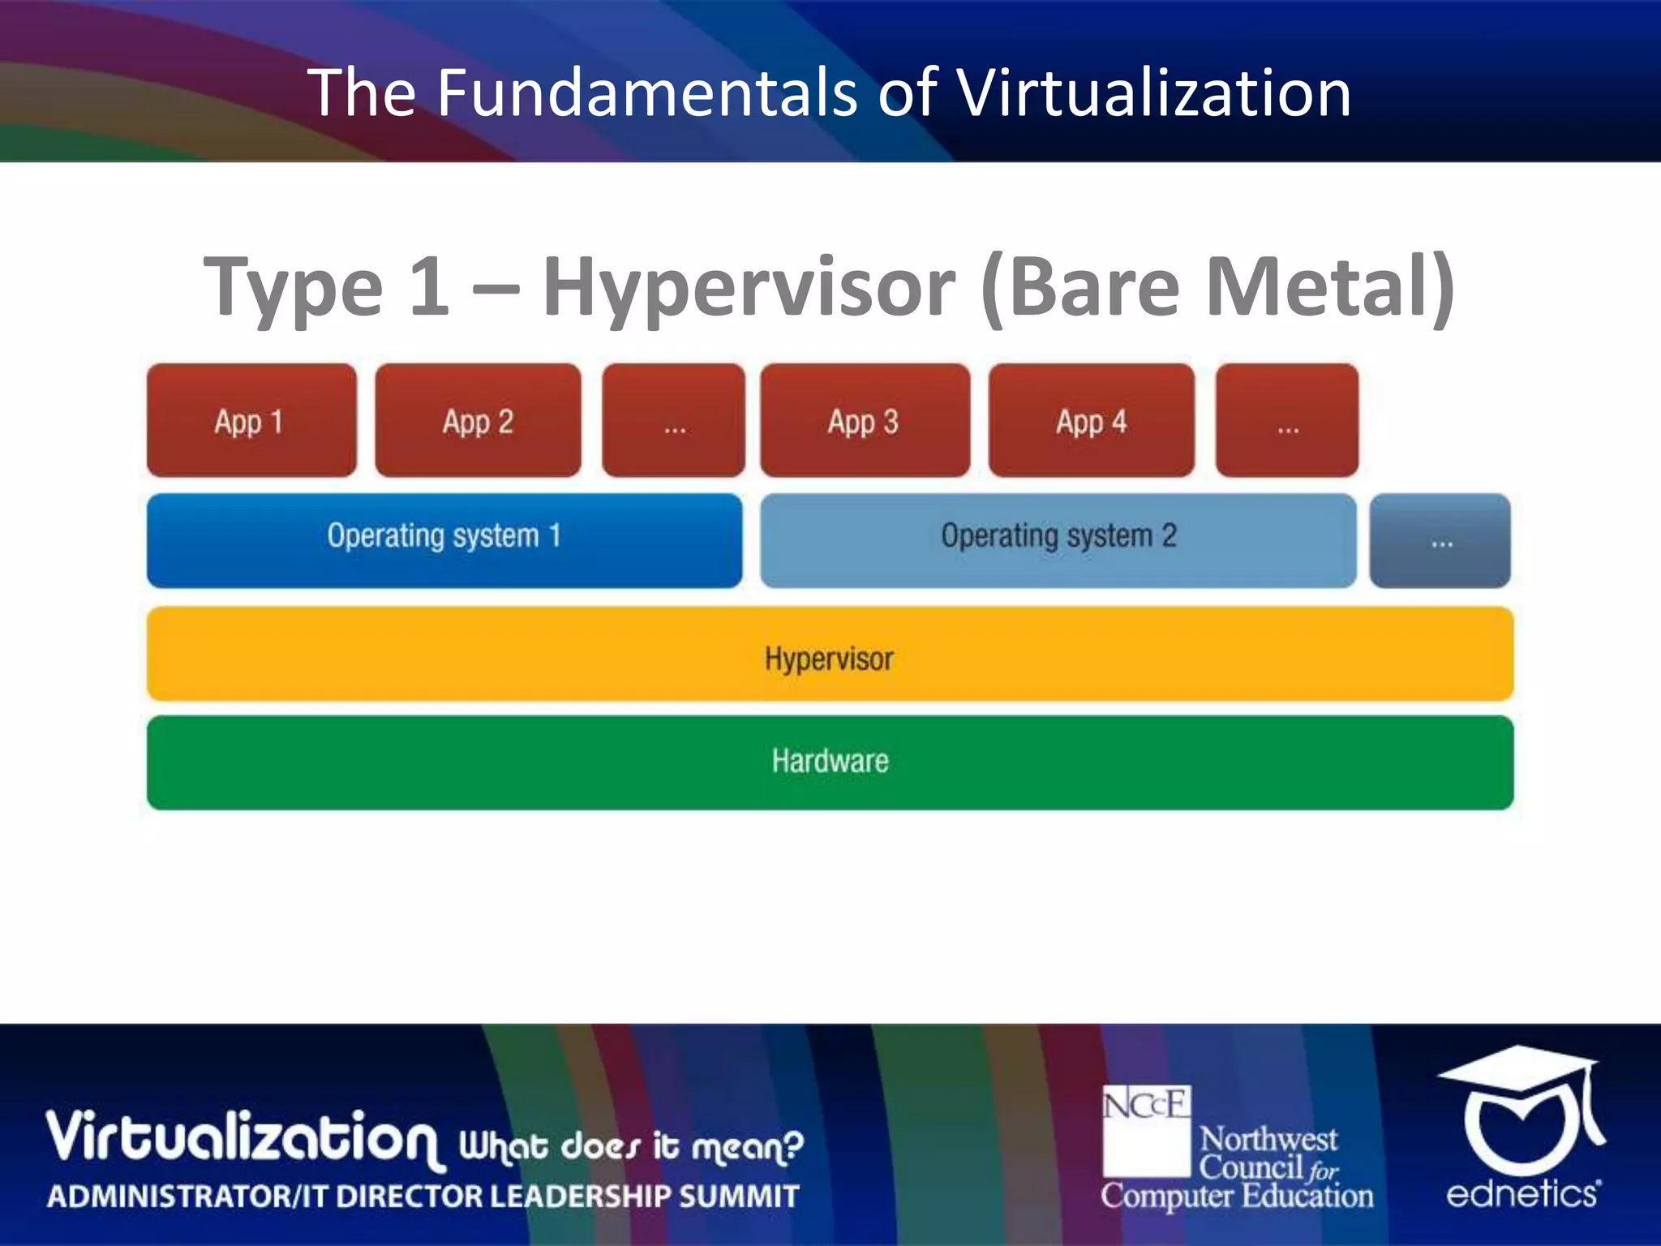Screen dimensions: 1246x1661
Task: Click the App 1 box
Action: tap(251, 420)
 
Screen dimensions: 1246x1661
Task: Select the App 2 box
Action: tap(478, 420)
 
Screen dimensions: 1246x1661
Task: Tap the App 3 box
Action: tap(865, 420)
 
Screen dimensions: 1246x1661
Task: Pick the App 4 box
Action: tap(1091, 420)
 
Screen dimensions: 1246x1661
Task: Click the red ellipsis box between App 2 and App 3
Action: tap(673, 420)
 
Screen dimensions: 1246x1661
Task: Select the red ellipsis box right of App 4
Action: tap(1287, 420)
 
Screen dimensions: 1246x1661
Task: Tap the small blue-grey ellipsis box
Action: tap(1440, 540)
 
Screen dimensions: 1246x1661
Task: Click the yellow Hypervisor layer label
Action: tap(829, 658)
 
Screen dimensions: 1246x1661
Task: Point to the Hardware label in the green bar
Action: tap(830, 761)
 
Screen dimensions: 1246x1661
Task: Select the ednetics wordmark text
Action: tap(1523, 1193)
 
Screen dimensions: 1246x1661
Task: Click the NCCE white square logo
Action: tap(1146, 1130)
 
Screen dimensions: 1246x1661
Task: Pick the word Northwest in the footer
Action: tap(1268, 1140)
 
